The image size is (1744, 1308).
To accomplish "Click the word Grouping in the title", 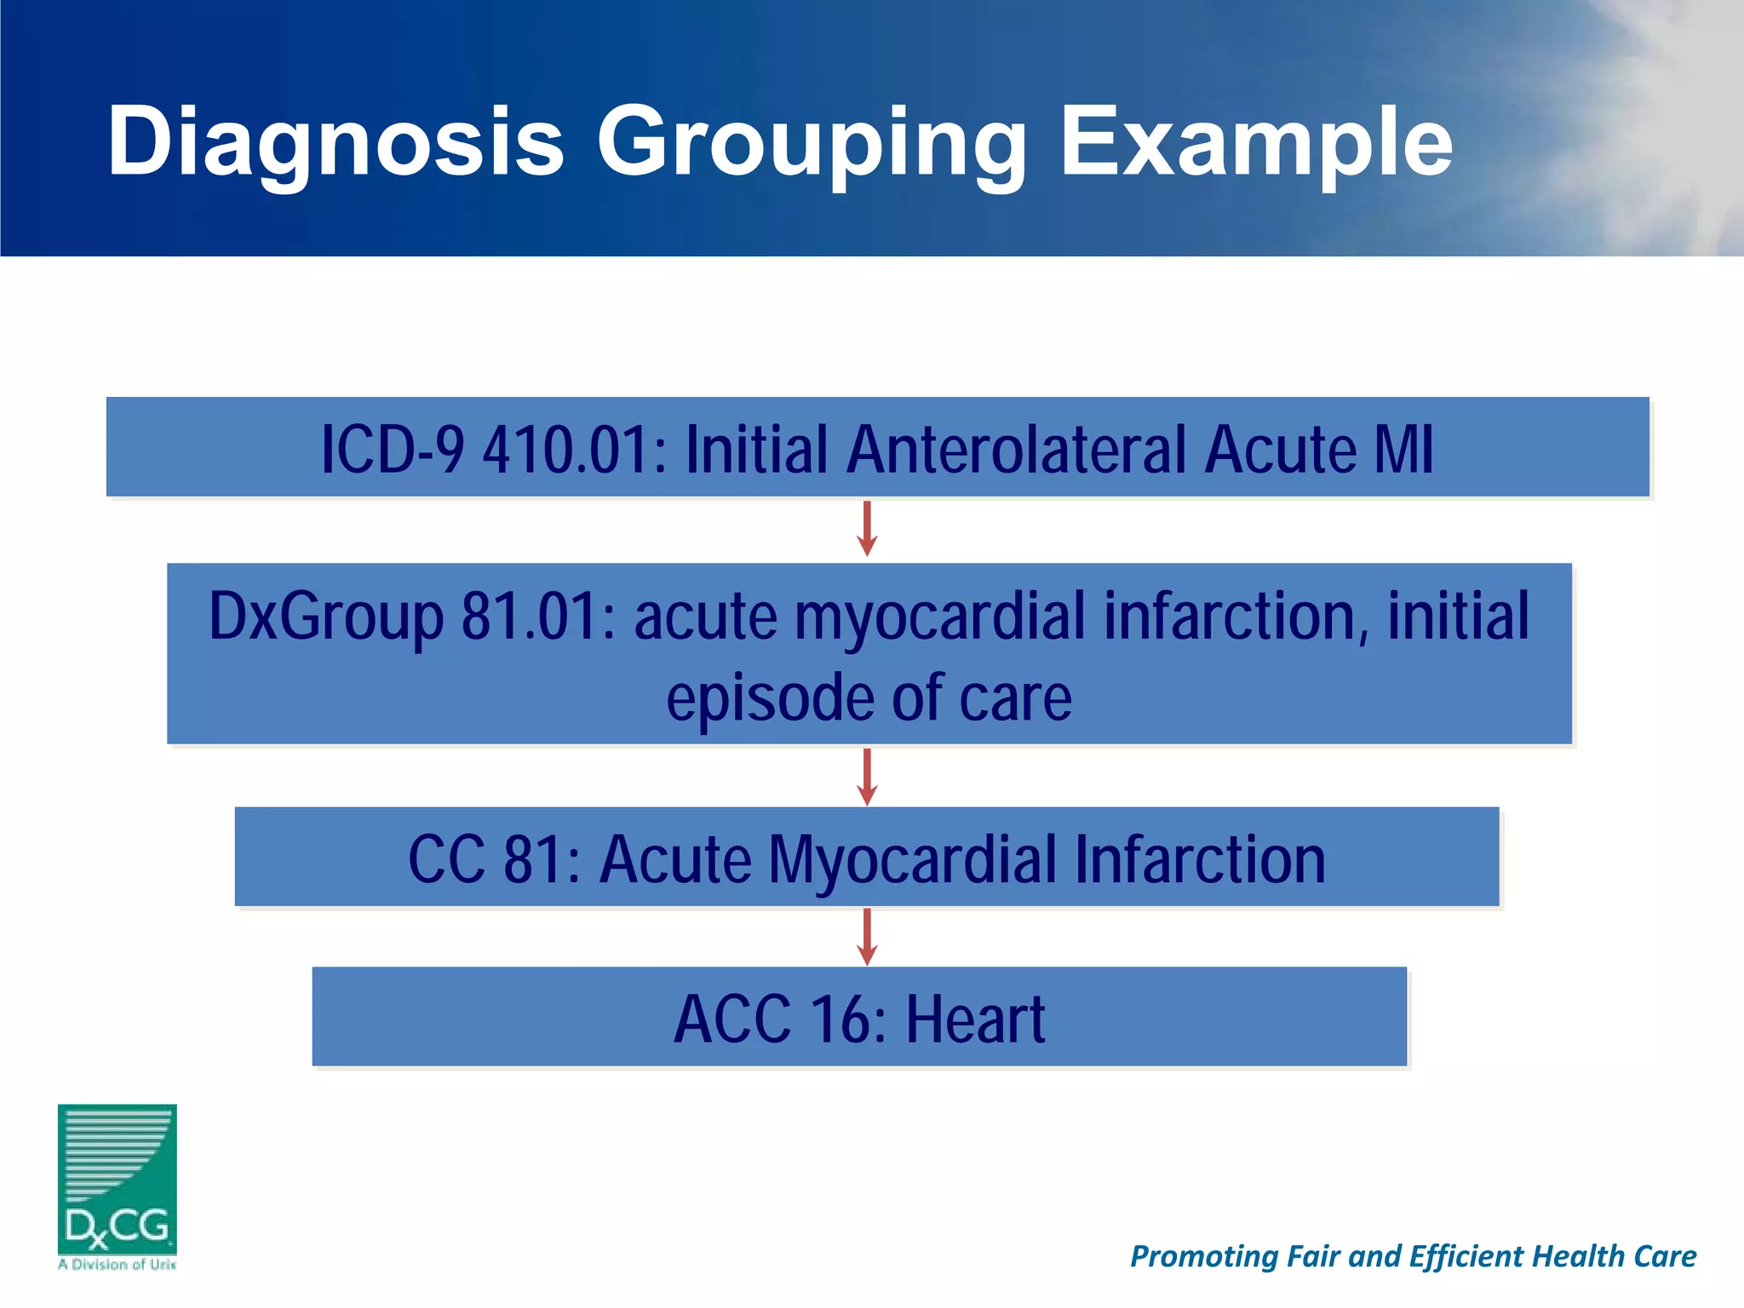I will [x=811, y=142].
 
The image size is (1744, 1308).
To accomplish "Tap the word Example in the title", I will [x=1255, y=142].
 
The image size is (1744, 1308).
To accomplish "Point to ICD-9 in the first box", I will [x=393, y=450].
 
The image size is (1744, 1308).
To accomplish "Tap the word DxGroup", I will [x=326, y=617].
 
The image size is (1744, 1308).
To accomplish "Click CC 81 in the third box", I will [x=494, y=859].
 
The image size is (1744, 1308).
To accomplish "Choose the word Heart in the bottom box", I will [x=974, y=1019].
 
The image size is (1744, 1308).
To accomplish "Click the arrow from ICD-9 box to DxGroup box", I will [x=867, y=529].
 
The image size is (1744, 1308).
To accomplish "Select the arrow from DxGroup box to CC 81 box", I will [x=867, y=777].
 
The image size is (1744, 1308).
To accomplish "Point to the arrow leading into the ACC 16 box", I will [x=867, y=937].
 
